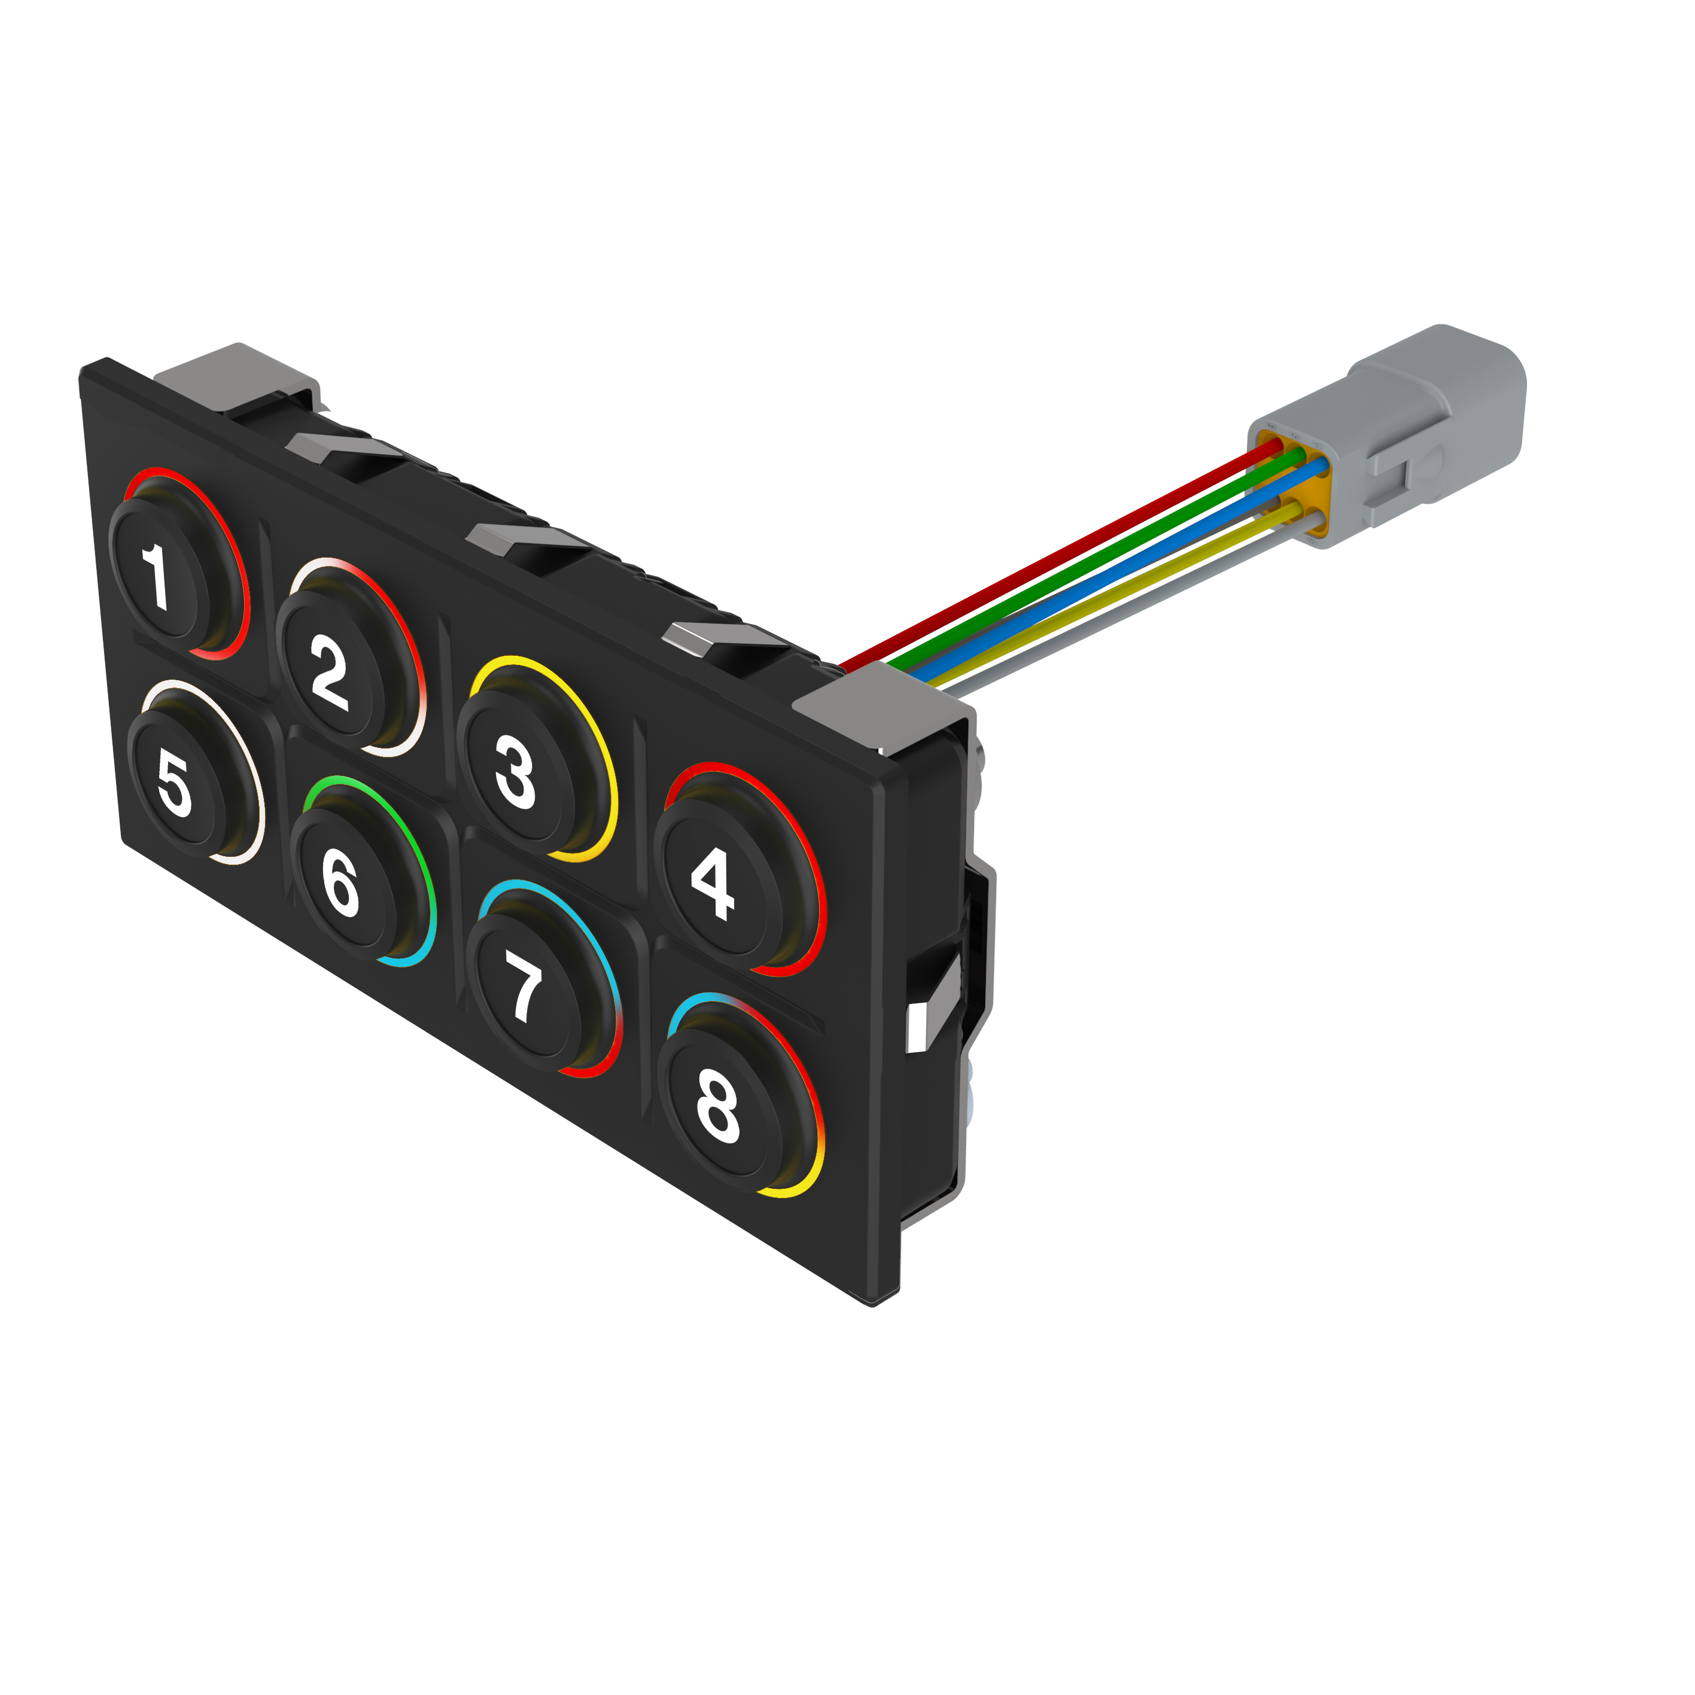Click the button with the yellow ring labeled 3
point(515,772)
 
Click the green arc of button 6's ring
point(386,807)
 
